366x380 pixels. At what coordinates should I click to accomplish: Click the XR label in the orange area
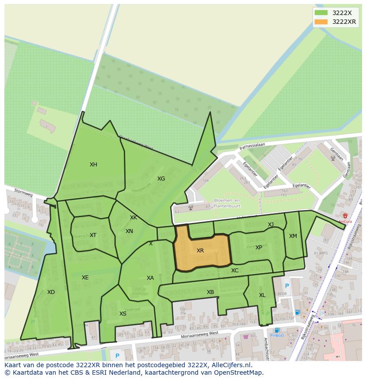click(x=200, y=251)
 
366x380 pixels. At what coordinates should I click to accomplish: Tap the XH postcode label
click(x=93, y=165)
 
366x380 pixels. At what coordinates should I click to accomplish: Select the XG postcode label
click(x=161, y=179)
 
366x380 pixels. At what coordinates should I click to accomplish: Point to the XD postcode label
click(x=51, y=292)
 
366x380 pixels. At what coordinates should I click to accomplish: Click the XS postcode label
click(x=123, y=314)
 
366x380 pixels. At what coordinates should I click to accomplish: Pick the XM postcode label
click(x=293, y=236)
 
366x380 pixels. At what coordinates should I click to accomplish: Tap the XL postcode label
click(x=262, y=295)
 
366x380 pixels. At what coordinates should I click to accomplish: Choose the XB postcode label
click(x=210, y=292)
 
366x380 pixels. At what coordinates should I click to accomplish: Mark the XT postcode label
click(x=93, y=235)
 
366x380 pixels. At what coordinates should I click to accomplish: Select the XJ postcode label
click(x=271, y=225)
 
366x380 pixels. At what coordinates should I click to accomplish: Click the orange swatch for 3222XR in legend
click(x=321, y=22)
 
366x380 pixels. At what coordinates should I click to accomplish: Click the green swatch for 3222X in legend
click(x=321, y=13)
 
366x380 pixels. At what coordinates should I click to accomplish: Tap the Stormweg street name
click(x=23, y=193)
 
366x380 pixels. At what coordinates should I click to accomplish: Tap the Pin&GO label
click(x=277, y=336)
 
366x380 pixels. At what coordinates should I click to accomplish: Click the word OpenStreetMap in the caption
click(x=240, y=372)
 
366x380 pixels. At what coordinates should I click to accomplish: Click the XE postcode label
click(x=85, y=278)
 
